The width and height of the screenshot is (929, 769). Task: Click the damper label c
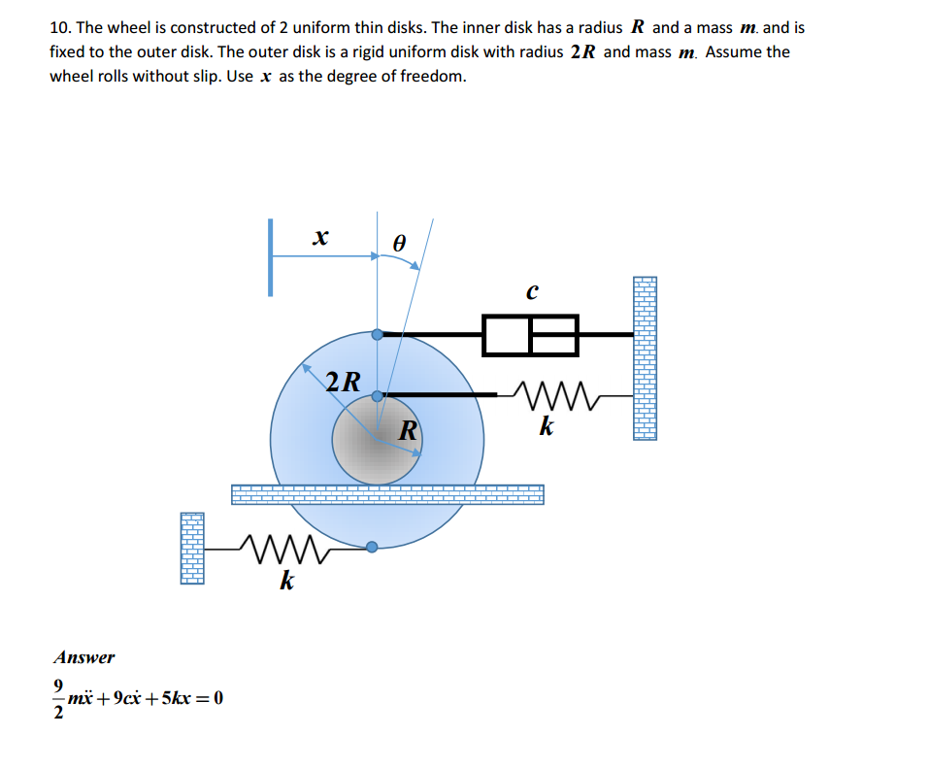click(532, 291)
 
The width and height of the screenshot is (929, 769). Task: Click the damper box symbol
click(530, 335)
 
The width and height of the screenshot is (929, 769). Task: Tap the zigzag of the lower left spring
click(284, 549)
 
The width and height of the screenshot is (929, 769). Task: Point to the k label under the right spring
click(547, 425)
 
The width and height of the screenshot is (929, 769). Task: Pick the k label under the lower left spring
click(286, 580)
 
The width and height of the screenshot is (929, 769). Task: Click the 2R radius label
click(343, 382)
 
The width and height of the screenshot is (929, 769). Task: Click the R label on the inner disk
click(409, 431)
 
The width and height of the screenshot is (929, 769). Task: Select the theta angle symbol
click(399, 243)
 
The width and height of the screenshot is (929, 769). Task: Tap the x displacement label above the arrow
click(320, 237)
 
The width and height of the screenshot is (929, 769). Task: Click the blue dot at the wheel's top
click(378, 335)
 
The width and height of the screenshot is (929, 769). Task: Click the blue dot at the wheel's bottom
click(372, 547)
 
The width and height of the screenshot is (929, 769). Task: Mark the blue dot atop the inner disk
click(378, 396)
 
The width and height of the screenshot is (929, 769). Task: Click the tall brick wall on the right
click(646, 358)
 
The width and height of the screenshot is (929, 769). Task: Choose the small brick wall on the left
click(192, 549)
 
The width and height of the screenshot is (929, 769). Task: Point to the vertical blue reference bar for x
click(270, 257)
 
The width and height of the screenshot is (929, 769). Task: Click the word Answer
click(84, 657)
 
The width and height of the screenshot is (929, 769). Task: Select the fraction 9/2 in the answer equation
click(58, 698)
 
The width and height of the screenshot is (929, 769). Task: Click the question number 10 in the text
click(60, 28)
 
